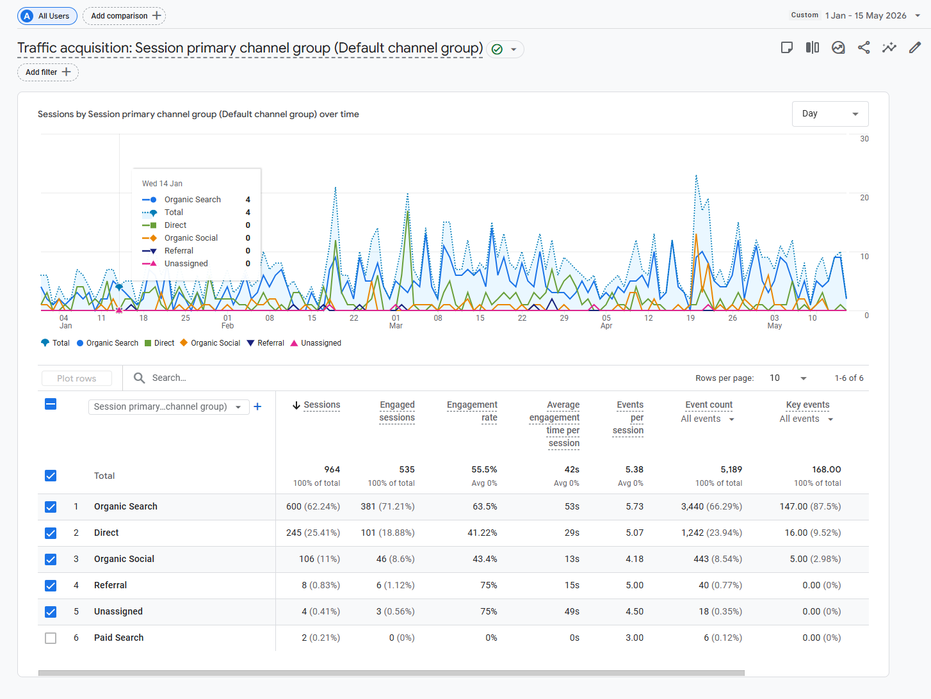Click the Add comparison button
click(124, 16)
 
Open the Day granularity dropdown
click(830, 113)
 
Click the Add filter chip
click(48, 72)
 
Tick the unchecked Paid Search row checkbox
click(51, 638)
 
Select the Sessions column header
click(321, 405)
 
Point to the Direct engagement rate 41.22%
click(482, 533)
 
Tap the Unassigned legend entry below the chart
click(316, 343)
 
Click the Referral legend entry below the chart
click(266, 343)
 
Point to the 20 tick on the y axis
click(864, 198)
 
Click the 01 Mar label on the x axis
click(396, 322)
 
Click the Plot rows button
click(77, 378)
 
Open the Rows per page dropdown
click(788, 378)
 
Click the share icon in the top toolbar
click(864, 47)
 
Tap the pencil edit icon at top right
click(915, 47)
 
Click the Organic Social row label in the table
click(124, 559)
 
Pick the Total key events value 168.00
click(826, 469)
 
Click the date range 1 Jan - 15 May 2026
click(865, 16)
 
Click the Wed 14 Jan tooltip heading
click(162, 184)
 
